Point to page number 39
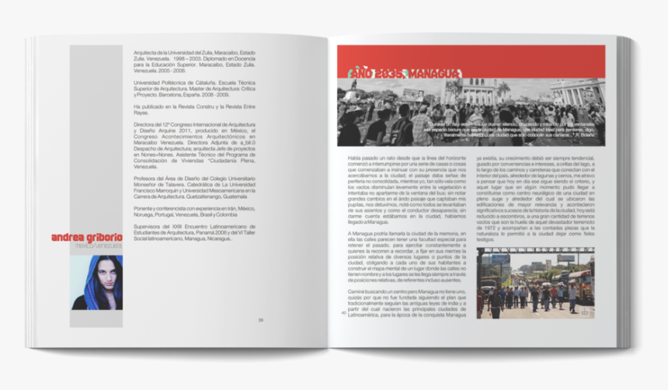261,319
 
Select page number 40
343,313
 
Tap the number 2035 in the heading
388,74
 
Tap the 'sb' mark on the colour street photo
585,312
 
